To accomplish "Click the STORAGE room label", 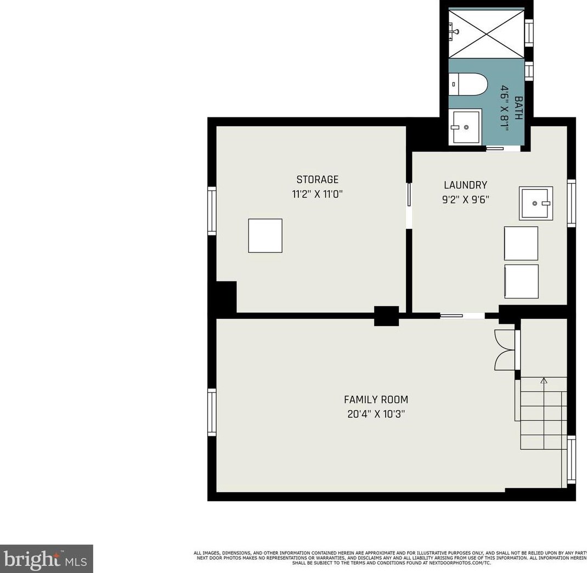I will pyautogui.click(x=317, y=179).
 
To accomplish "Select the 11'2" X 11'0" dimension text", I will pyautogui.click(x=317, y=194).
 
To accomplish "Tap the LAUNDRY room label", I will pyautogui.click(x=465, y=185).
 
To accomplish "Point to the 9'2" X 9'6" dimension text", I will pyautogui.click(x=465, y=200).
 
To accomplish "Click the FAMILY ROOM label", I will pyautogui.click(x=376, y=400).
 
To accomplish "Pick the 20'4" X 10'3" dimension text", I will pyautogui.click(x=376, y=414).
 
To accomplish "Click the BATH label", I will pyautogui.click(x=518, y=108).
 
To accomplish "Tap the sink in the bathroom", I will pyautogui.click(x=465, y=127).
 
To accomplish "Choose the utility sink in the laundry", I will pyautogui.click(x=536, y=203).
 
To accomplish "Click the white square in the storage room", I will pyautogui.click(x=265, y=235).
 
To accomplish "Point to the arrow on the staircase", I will pyautogui.click(x=544, y=380).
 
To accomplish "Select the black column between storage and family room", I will pyautogui.click(x=386, y=316).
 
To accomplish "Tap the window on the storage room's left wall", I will pyautogui.click(x=211, y=211).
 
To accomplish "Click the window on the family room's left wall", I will pyautogui.click(x=211, y=412).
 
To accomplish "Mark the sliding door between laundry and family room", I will pyautogui.click(x=462, y=316).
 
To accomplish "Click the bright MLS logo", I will pyautogui.click(x=46, y=559).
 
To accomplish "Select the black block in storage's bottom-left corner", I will pyautogui.click(x=225, y=297).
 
